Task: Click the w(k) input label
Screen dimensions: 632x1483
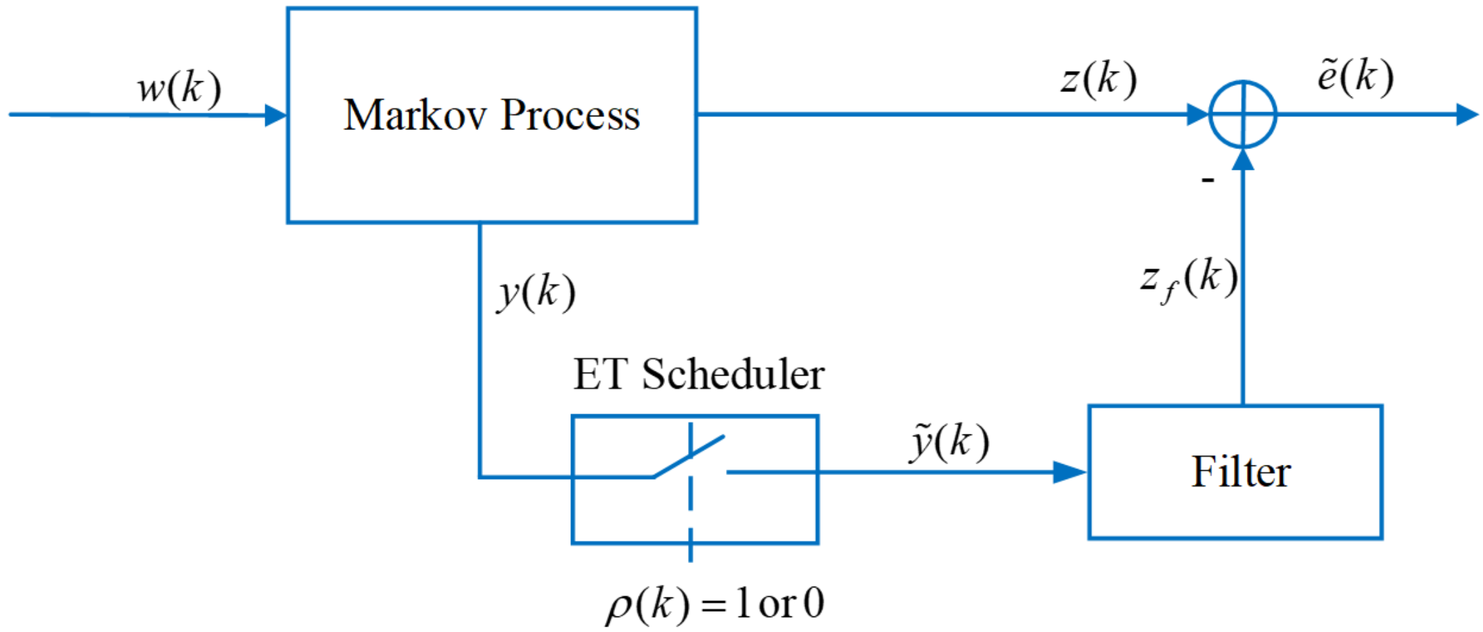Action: coord(179,89)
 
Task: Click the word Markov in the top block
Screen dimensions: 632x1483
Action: coord(415,115)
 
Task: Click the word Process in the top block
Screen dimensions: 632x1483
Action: coord(570,115)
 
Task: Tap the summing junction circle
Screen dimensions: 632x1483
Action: coord(1243,114)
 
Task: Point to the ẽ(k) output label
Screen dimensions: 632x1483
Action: coord(1355,76)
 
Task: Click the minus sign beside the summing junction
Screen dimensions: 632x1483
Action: coord(1208,180)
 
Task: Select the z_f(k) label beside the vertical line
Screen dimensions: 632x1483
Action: coord(1189,279)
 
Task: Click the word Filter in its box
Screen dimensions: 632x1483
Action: coord(1241,472)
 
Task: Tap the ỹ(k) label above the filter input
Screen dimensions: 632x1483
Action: coord(950,443)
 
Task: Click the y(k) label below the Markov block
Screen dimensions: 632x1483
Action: coord(537,293)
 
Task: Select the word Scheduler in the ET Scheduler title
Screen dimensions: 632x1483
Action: coord(733,374)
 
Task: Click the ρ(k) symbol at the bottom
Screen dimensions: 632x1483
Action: coord(646,604)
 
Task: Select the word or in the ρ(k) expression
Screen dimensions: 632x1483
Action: coord(777,604)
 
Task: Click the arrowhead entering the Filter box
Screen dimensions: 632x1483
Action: coord(1070,472)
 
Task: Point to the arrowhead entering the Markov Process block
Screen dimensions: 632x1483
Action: coord(275,115)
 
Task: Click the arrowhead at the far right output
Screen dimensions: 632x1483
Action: coord(1466,114)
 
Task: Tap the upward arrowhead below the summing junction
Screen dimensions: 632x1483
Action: coord(1243,160)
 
